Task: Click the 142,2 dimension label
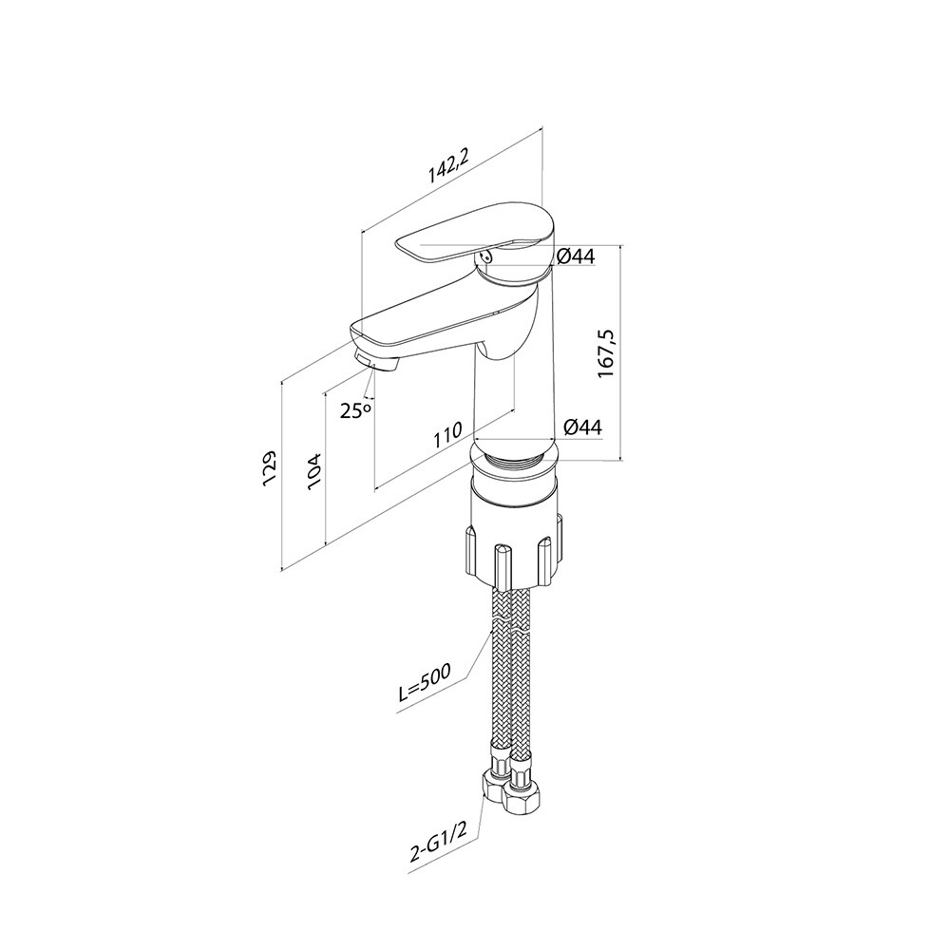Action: [448, 165]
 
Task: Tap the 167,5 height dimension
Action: [606, 353]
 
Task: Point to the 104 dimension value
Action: [314, 471]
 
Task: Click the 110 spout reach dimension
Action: [447, 434]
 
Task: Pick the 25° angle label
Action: [355, 410]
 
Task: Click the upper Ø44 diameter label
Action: [575, 256]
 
